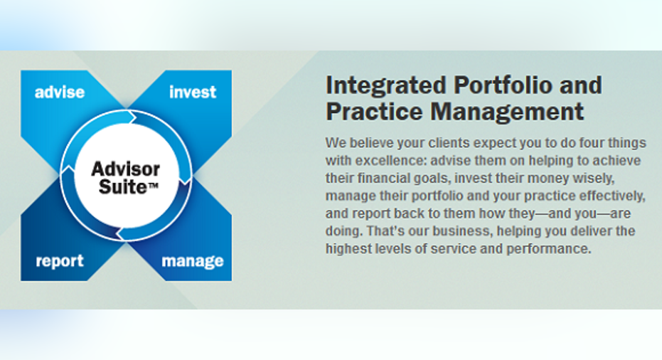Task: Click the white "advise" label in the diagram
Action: tap(60, 92)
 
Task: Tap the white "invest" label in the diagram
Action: tap(193, 92)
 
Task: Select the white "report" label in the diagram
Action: tap(60, 261)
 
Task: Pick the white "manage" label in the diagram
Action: tap(193, 261)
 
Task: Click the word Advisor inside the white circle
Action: tap(125, 169)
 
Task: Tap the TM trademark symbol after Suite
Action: tap(152, 185)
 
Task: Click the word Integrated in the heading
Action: tap(386, 86)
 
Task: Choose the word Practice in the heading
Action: tap(374, 112)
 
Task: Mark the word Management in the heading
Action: tap(507, 112)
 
